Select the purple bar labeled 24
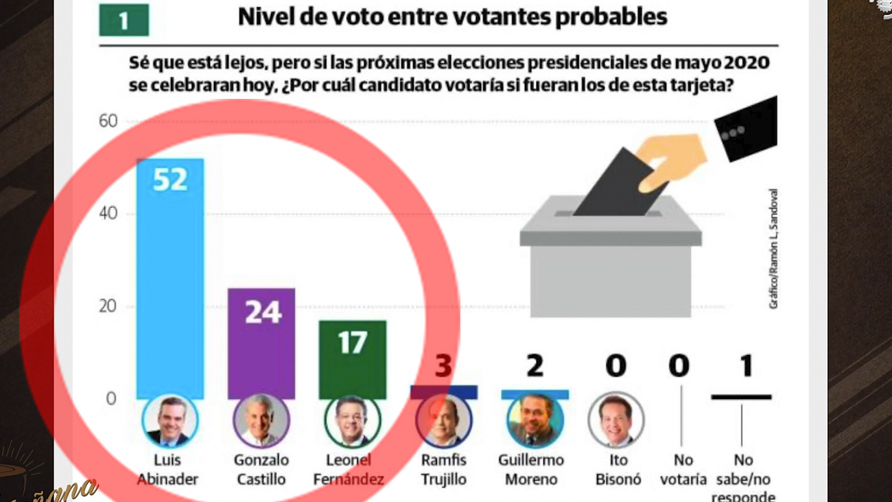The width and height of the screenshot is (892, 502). click(261, 343)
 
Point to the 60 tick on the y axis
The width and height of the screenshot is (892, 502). click(108, 122)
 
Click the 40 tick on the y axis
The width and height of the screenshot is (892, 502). click(108, 214)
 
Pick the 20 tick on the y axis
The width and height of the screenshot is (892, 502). click(108, 307)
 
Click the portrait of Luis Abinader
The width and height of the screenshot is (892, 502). click(169, 420)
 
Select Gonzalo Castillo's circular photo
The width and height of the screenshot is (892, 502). click(261, 420)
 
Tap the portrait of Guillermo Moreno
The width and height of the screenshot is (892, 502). click(535, 420)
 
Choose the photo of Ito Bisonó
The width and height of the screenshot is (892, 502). click(615, 420)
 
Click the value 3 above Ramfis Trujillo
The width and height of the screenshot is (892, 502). click(444, 366)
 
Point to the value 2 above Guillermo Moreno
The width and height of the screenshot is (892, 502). click(535, 365)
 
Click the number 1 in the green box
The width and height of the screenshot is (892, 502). click(124, 21)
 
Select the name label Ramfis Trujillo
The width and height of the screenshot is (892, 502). click(444, 469)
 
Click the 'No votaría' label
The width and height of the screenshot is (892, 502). click(683, 469)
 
